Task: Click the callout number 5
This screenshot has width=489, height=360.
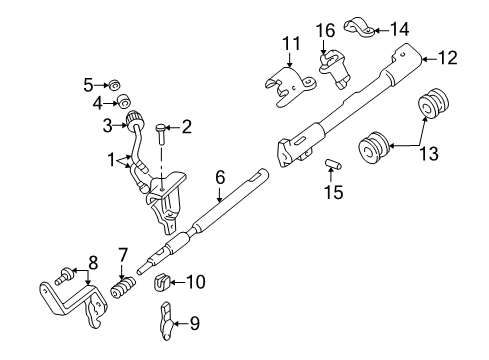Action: click(88, 83)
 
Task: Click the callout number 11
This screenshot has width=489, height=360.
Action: click(291, 43)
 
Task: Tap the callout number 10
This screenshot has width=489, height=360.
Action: click(197, 283)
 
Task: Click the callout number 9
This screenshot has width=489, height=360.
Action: click(196, 325)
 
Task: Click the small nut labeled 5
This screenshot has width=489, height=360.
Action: click(114, 83)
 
